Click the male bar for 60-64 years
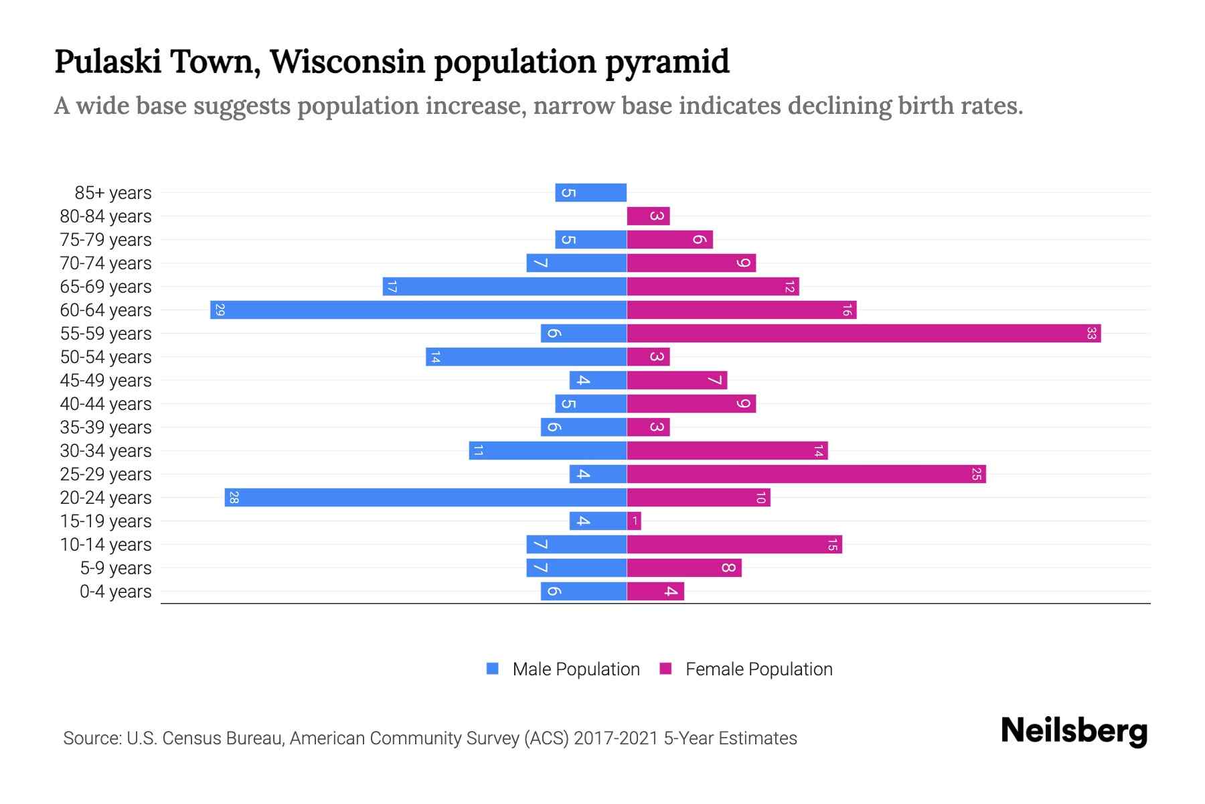418,310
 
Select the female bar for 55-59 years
864,334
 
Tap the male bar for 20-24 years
426,498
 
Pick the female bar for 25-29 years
806,474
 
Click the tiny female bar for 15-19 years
634,521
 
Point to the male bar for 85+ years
590,193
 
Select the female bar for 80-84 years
648,216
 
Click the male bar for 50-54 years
526,357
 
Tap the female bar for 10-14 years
734,545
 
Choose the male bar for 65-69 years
505,287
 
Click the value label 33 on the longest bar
1091,334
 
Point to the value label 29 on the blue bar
220,310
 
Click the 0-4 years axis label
115,592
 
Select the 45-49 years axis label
106,381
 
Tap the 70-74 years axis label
106,263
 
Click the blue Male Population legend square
493,669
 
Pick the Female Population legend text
758,669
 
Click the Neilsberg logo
1074,731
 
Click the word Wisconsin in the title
347,62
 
